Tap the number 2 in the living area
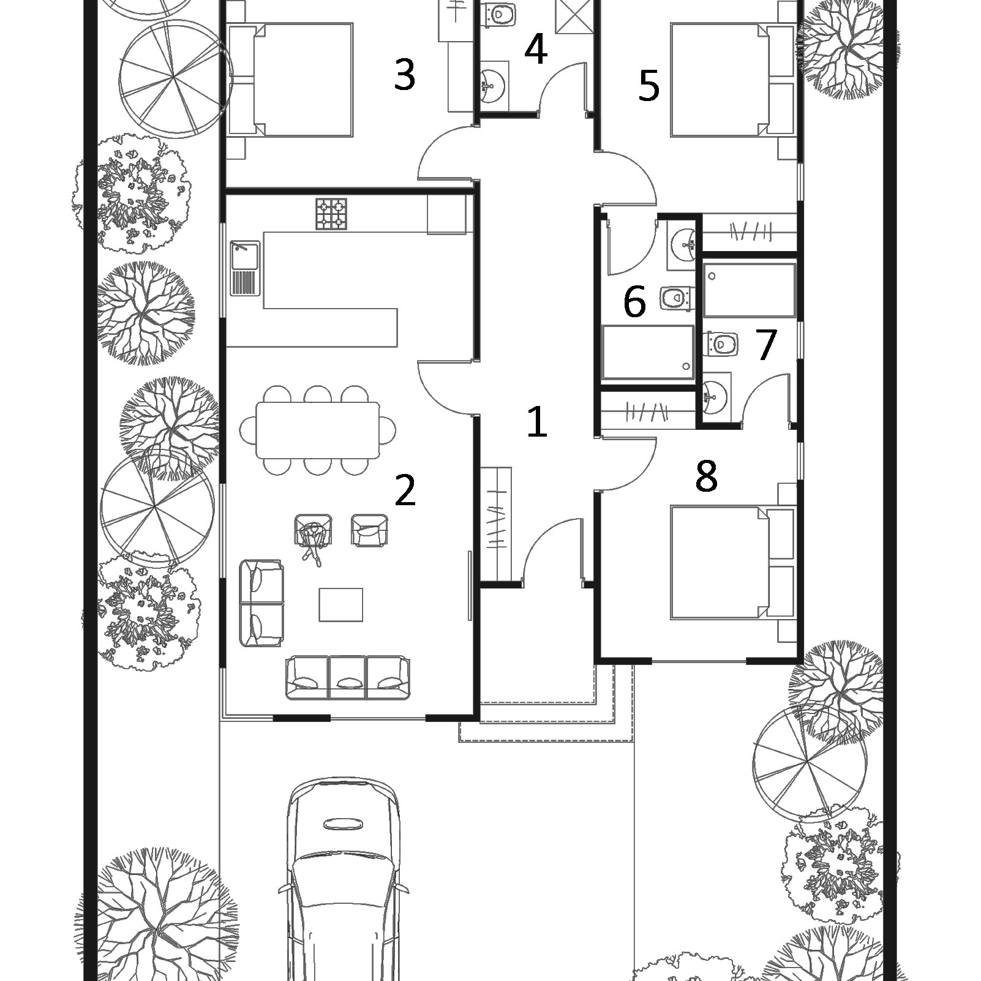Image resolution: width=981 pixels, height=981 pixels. tap(405, 490)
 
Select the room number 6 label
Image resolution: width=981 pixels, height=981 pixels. tap(634, 302)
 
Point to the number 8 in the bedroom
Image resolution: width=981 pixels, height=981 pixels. tap(706, 476)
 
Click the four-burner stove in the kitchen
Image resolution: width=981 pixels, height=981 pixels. tap(331, 214)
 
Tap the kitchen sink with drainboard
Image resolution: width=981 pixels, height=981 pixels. tap(245, 268)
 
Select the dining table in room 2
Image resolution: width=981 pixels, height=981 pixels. tap(318, 430)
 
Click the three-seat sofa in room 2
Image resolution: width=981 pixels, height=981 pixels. tap(348, 677)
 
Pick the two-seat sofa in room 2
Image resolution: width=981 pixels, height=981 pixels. tap(261, 603)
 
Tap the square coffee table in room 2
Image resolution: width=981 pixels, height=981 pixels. tap(340, 605)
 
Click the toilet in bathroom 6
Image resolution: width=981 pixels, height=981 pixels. tap(677, 298)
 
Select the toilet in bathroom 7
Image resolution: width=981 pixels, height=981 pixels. tap(721, 344)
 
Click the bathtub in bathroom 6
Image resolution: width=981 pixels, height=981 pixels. tap(648, 353)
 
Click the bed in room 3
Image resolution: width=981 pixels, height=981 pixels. tap(290, 80)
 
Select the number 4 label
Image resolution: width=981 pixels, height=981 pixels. tap(535, 50)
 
